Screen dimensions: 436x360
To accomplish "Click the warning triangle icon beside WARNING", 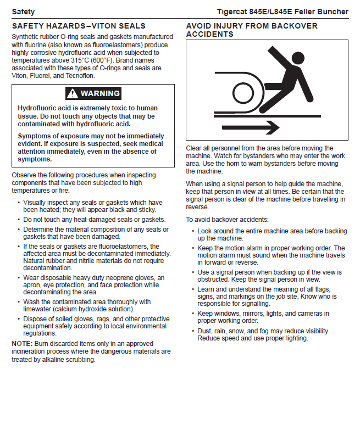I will (x=72, y=93).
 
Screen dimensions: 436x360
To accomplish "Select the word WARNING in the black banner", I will (x=100, y=93).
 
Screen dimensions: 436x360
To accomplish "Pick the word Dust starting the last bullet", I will (x=205, y=331).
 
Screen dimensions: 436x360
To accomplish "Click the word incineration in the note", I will (x=31, y=351).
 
